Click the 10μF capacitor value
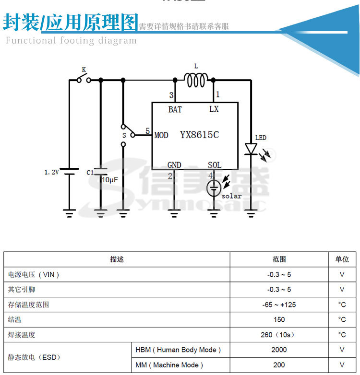pos(110,180)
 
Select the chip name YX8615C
pos(199,135)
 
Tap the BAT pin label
pos(175,109)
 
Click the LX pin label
pos(214,109)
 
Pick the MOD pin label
pos(161,136)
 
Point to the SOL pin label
pos(215,165)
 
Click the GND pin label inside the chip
pos(174,165)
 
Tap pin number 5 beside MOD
pos(147,131)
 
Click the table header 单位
pos(342,259)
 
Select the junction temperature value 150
pos(279,319)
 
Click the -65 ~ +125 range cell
pos(279,305)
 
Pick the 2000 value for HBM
pos(279,350)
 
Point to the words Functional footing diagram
pos(71,40)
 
